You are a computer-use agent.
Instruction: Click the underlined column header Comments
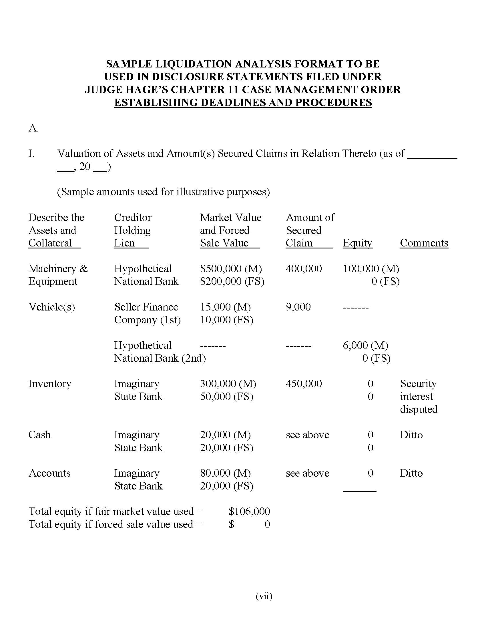(424, 243)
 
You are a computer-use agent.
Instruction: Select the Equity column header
(357, 243)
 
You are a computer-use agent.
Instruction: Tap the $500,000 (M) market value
(231, 269)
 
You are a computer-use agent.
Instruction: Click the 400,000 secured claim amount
(304, 269)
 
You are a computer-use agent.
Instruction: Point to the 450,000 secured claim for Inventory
(304, 384)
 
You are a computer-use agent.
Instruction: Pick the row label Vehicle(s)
(52, 307)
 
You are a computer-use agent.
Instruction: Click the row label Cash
(39, 435)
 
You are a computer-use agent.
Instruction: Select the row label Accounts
(49, 473)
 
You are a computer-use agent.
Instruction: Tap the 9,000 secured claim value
(298, 307)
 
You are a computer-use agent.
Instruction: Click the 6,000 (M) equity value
(365, 345)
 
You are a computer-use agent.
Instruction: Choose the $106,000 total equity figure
(249, 511)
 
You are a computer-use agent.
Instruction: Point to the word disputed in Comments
(419, 409)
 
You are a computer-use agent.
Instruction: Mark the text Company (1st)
(148, 320)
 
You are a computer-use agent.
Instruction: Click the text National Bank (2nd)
(160, 358)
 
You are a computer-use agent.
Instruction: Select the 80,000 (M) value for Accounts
(226, 473)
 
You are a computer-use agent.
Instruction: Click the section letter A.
(33, 128)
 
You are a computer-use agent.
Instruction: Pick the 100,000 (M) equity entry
(371, 269)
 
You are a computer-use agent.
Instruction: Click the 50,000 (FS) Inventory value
(227, 397)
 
